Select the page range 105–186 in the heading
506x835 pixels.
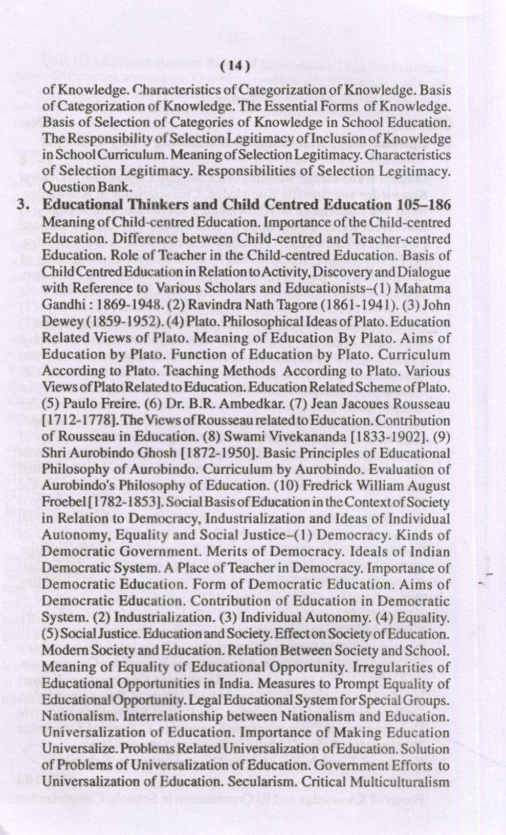point(424,205)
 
